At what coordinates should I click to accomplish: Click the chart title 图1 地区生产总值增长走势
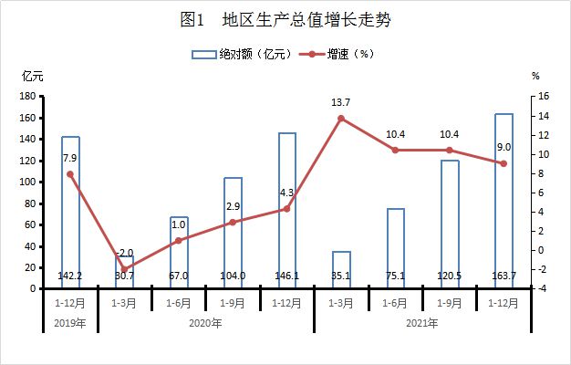[285, 19]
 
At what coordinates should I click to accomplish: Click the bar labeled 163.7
[504, 201]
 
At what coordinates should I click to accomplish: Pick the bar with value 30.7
[124, 272]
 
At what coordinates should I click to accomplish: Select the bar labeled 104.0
[233, 233]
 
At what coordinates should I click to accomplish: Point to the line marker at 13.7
[341, 118]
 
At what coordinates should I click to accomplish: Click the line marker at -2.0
[124, 269]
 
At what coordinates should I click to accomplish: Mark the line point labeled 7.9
[70, 173]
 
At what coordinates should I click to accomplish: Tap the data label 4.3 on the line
[285, 193]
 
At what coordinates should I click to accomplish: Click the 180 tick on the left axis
[27, 96]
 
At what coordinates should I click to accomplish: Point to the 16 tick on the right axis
[544, 96]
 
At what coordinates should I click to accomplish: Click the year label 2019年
[69, 323]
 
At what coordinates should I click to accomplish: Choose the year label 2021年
[422, 323]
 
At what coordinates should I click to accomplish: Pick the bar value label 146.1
[286, 275]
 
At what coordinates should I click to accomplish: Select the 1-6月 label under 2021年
[395, 302]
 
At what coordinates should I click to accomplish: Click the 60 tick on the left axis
[30, 224]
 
